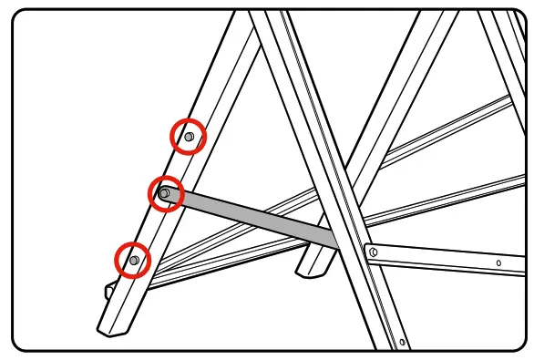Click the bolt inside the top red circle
189,137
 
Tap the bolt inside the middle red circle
164,193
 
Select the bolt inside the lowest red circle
134,261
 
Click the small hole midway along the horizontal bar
498,263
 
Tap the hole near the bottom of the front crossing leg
402,342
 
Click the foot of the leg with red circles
113,326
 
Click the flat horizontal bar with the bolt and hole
447,259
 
